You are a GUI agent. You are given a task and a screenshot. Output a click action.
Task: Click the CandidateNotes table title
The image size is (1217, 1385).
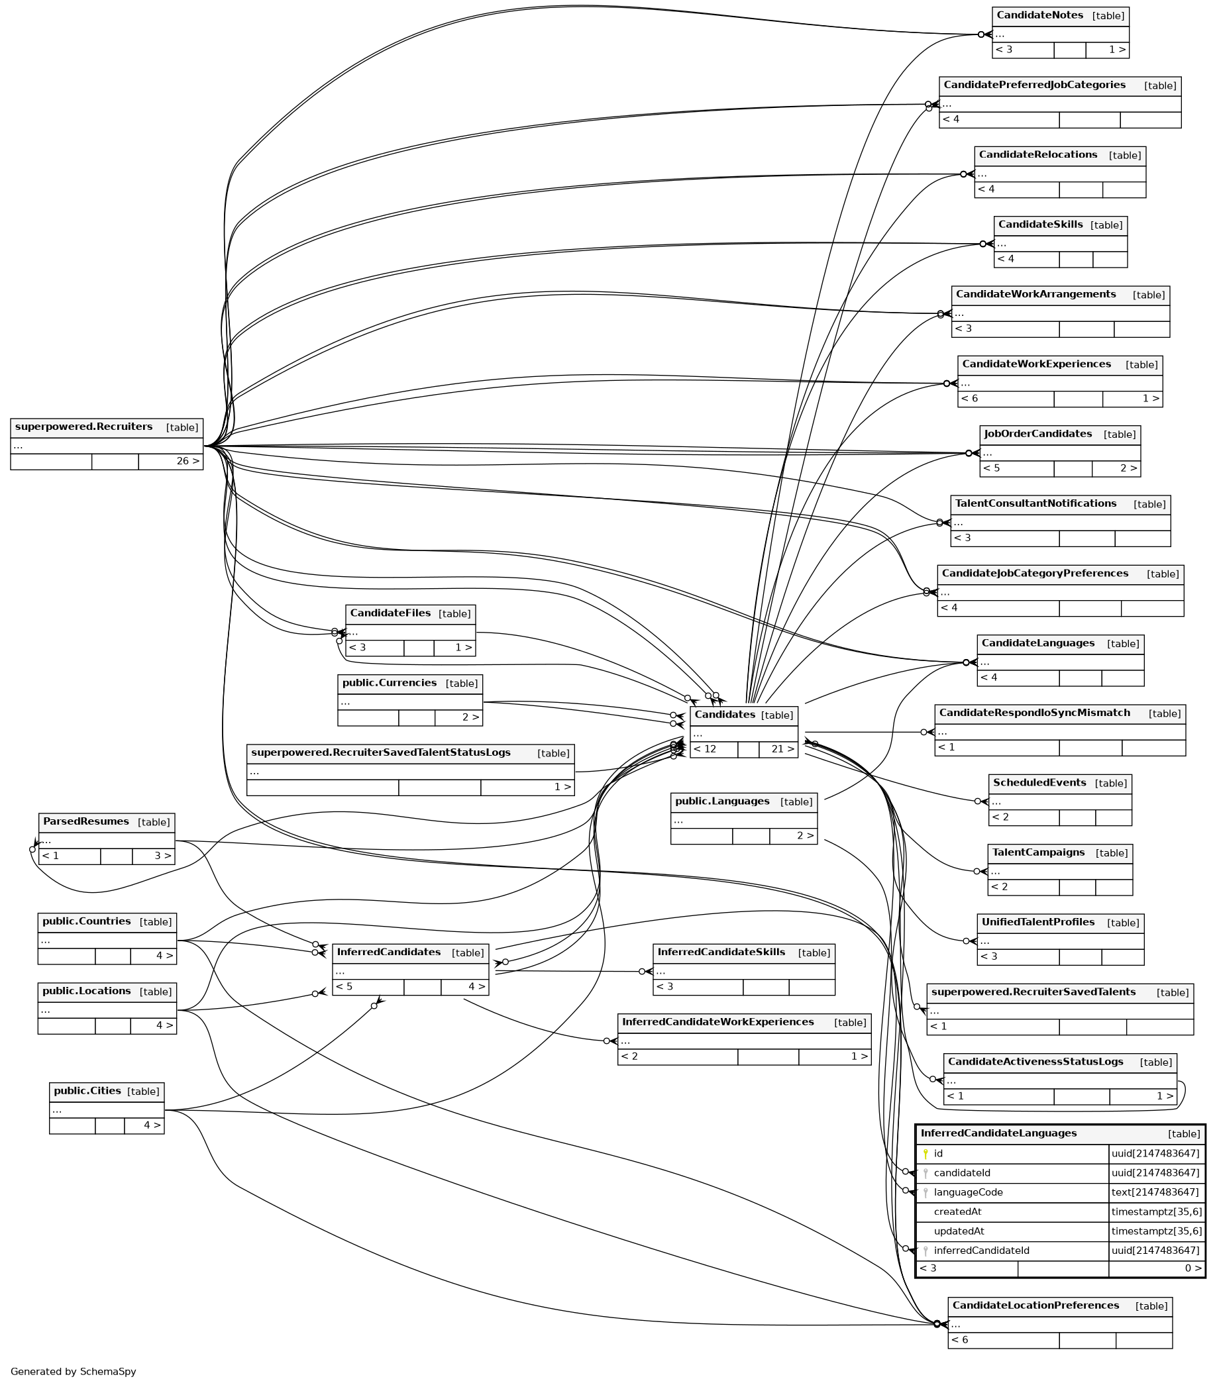pos(1039,15)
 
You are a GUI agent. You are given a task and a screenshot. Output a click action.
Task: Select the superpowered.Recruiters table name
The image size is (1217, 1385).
pos(83,426)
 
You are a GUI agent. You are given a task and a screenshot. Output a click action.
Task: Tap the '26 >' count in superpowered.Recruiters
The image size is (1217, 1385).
pos(187,462)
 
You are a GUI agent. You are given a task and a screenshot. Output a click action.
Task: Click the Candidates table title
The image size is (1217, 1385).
pos(724,714)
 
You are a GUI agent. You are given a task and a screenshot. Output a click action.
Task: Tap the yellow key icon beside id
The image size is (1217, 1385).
pos(925,1153)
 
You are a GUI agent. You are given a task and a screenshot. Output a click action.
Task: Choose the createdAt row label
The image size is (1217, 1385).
pos(957,1211)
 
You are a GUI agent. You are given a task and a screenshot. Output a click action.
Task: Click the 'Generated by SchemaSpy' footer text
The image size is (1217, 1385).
pos(73,1372)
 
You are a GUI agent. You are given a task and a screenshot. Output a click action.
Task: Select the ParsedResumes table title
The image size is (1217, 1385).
pos(85,821)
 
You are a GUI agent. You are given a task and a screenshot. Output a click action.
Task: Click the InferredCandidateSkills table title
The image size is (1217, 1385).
pos(721,952)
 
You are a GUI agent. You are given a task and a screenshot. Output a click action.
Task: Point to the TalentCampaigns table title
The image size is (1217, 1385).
pos(1038,852)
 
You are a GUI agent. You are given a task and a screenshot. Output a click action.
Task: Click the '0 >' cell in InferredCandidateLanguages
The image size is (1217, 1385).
pos(1192,1268)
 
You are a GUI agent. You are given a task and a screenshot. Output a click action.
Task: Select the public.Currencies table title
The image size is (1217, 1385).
pos(389,682)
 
